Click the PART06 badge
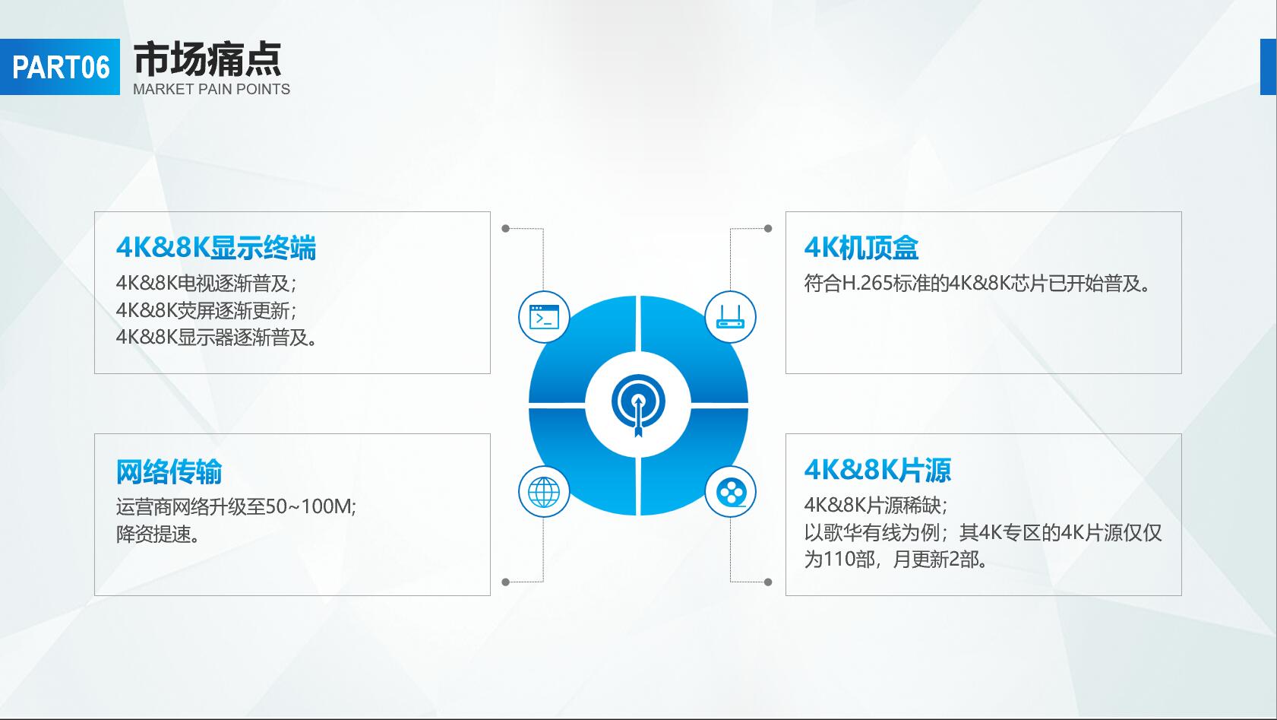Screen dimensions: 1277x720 click(60, 67)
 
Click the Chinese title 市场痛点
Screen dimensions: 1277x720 click(207, 59)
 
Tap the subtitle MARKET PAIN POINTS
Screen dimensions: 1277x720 click(211, 90)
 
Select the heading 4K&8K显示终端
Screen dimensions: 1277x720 click(216, 248)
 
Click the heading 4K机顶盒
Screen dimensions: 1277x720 click(861, 248)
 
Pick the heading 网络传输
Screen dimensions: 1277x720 click(169, 471)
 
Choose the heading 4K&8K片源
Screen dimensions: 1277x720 click(877, 470)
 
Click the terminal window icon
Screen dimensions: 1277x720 click(544, 317)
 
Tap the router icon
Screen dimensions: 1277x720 click(730, 317)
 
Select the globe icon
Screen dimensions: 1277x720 click(544, 492)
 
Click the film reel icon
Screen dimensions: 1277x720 click(732, 493)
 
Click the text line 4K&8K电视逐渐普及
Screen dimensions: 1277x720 click(206, 283)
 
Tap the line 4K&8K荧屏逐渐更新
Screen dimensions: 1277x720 click(206, 310)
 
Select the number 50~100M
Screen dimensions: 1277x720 click(308, 506)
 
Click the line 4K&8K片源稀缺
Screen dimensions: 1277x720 click(876, 506)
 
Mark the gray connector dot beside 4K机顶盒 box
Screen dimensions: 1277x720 click(768, 229)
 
